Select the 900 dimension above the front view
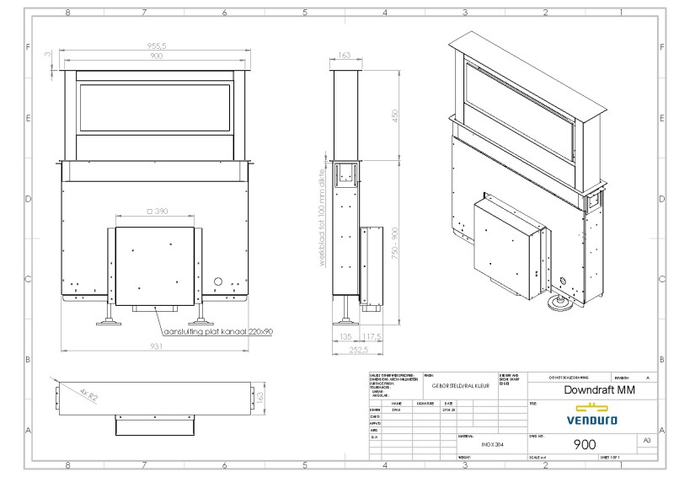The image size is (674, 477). [156, 56]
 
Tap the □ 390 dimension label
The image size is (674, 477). [158, 212]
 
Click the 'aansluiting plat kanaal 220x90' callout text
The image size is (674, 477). [218, 332]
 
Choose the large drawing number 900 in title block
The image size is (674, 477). [585, 445]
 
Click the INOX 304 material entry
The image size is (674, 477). [494, 443]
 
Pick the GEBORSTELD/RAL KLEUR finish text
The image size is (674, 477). [461, 385]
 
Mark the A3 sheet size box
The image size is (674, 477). [647, 441]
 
